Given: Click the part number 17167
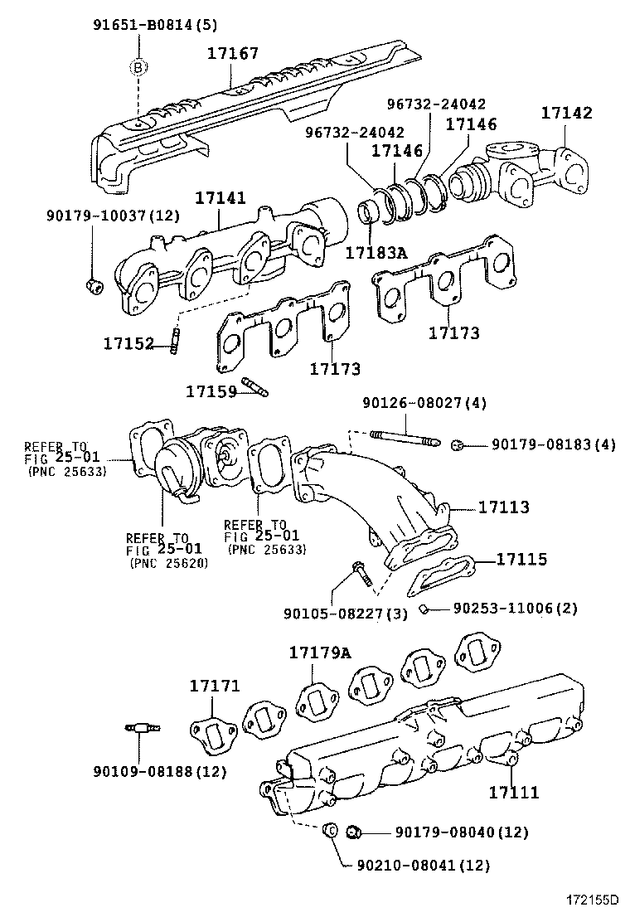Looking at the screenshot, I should pos(232,53).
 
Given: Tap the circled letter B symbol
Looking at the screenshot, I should pos(138,67).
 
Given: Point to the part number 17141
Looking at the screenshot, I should pos(220,199).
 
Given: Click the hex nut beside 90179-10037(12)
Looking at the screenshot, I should pos(93,287).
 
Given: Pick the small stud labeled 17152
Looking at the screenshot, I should pos(176,340).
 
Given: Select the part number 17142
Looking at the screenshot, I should pos(567,113).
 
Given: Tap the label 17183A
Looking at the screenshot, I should pos(377,254).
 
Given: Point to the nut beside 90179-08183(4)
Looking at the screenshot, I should pos(456,446).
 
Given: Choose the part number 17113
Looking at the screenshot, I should pos(502,507).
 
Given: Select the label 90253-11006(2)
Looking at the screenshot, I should pos(514,609).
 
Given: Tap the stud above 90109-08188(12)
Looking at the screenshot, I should pos(143,729).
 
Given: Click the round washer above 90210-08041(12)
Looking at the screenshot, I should pos(328,829).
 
